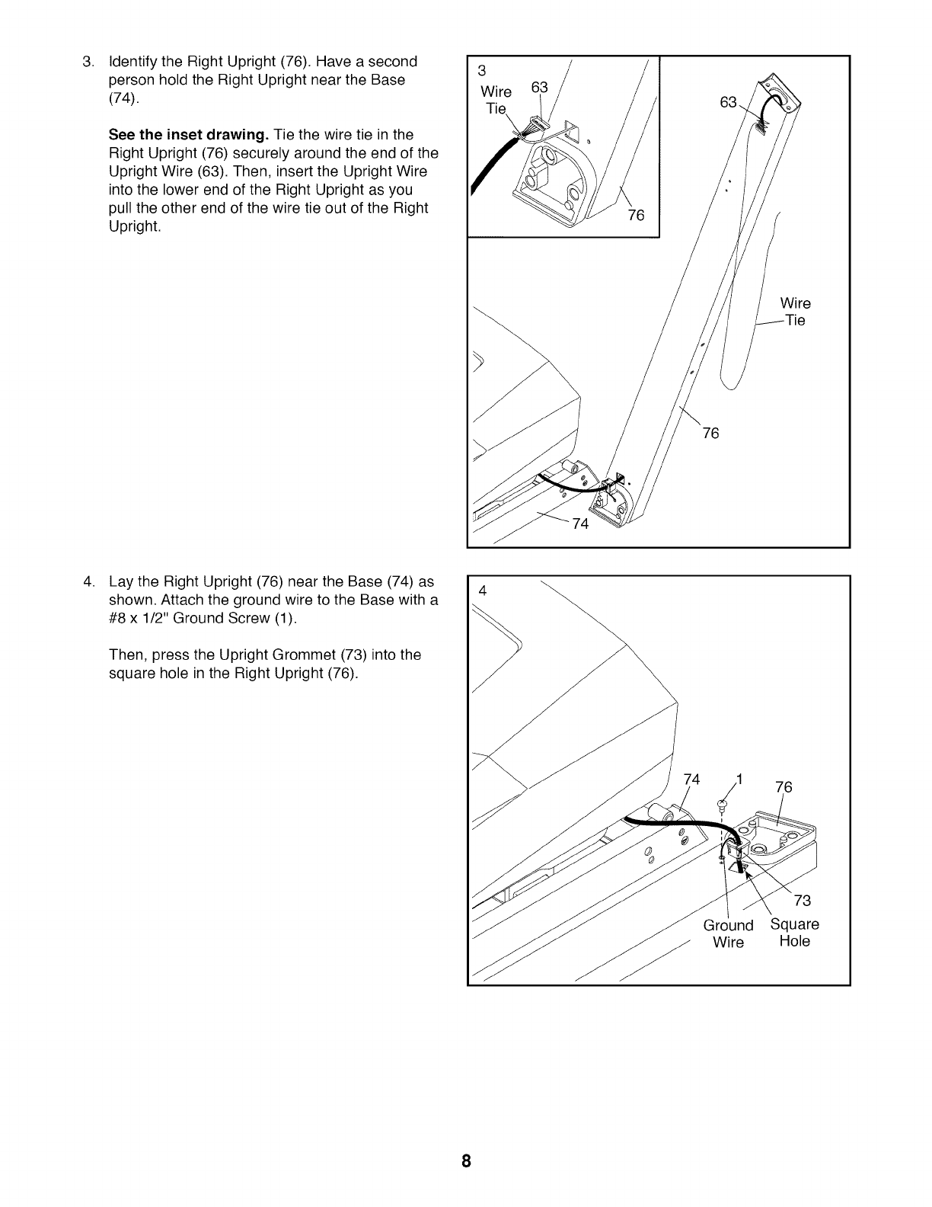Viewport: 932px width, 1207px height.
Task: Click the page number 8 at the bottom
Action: click(x=466, y=1161)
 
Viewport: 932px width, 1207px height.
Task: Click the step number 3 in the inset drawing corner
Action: click(x=481, y=72)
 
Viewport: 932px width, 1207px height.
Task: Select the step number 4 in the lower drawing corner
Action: click(x=481, y=591)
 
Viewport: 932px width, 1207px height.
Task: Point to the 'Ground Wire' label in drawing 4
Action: click(x=728, y=933)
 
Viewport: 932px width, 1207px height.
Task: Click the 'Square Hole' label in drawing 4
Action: click(x=795, y=933)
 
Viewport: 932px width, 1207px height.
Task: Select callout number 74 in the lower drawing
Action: click(x=691, y=779)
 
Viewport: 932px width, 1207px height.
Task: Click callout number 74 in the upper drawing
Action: click(x=580, y=523)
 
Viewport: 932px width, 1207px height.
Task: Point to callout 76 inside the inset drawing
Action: click(x=636, y=215)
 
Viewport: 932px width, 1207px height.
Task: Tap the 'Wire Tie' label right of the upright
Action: click(x=795, y=312)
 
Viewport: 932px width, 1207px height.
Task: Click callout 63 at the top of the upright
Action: click(x=729, y=101)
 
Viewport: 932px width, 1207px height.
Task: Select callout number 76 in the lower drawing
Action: click(x=784, y=787)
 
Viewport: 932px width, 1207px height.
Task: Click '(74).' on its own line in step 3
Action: click(x=124, y=98)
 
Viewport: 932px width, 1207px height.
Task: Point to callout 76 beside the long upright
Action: click(x=710, y=434)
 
